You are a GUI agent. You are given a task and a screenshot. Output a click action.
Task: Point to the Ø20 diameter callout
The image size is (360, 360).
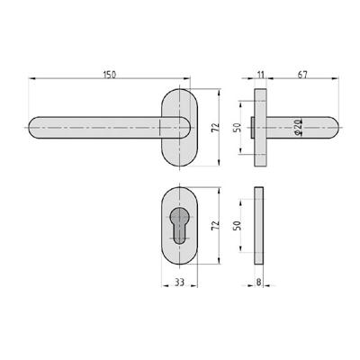click(297, 130)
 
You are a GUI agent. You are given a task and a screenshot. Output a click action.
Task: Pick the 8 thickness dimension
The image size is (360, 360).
click(258, 283)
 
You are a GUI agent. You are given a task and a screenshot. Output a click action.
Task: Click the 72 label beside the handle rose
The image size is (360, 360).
click(215, 130)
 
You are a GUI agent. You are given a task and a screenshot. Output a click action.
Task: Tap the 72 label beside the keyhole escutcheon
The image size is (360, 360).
click(215, 226)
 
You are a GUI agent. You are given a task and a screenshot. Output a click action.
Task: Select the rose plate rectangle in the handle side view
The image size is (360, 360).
click(261, 129)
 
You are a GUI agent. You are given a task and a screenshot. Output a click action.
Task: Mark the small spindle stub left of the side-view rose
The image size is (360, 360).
click(252, 129)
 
